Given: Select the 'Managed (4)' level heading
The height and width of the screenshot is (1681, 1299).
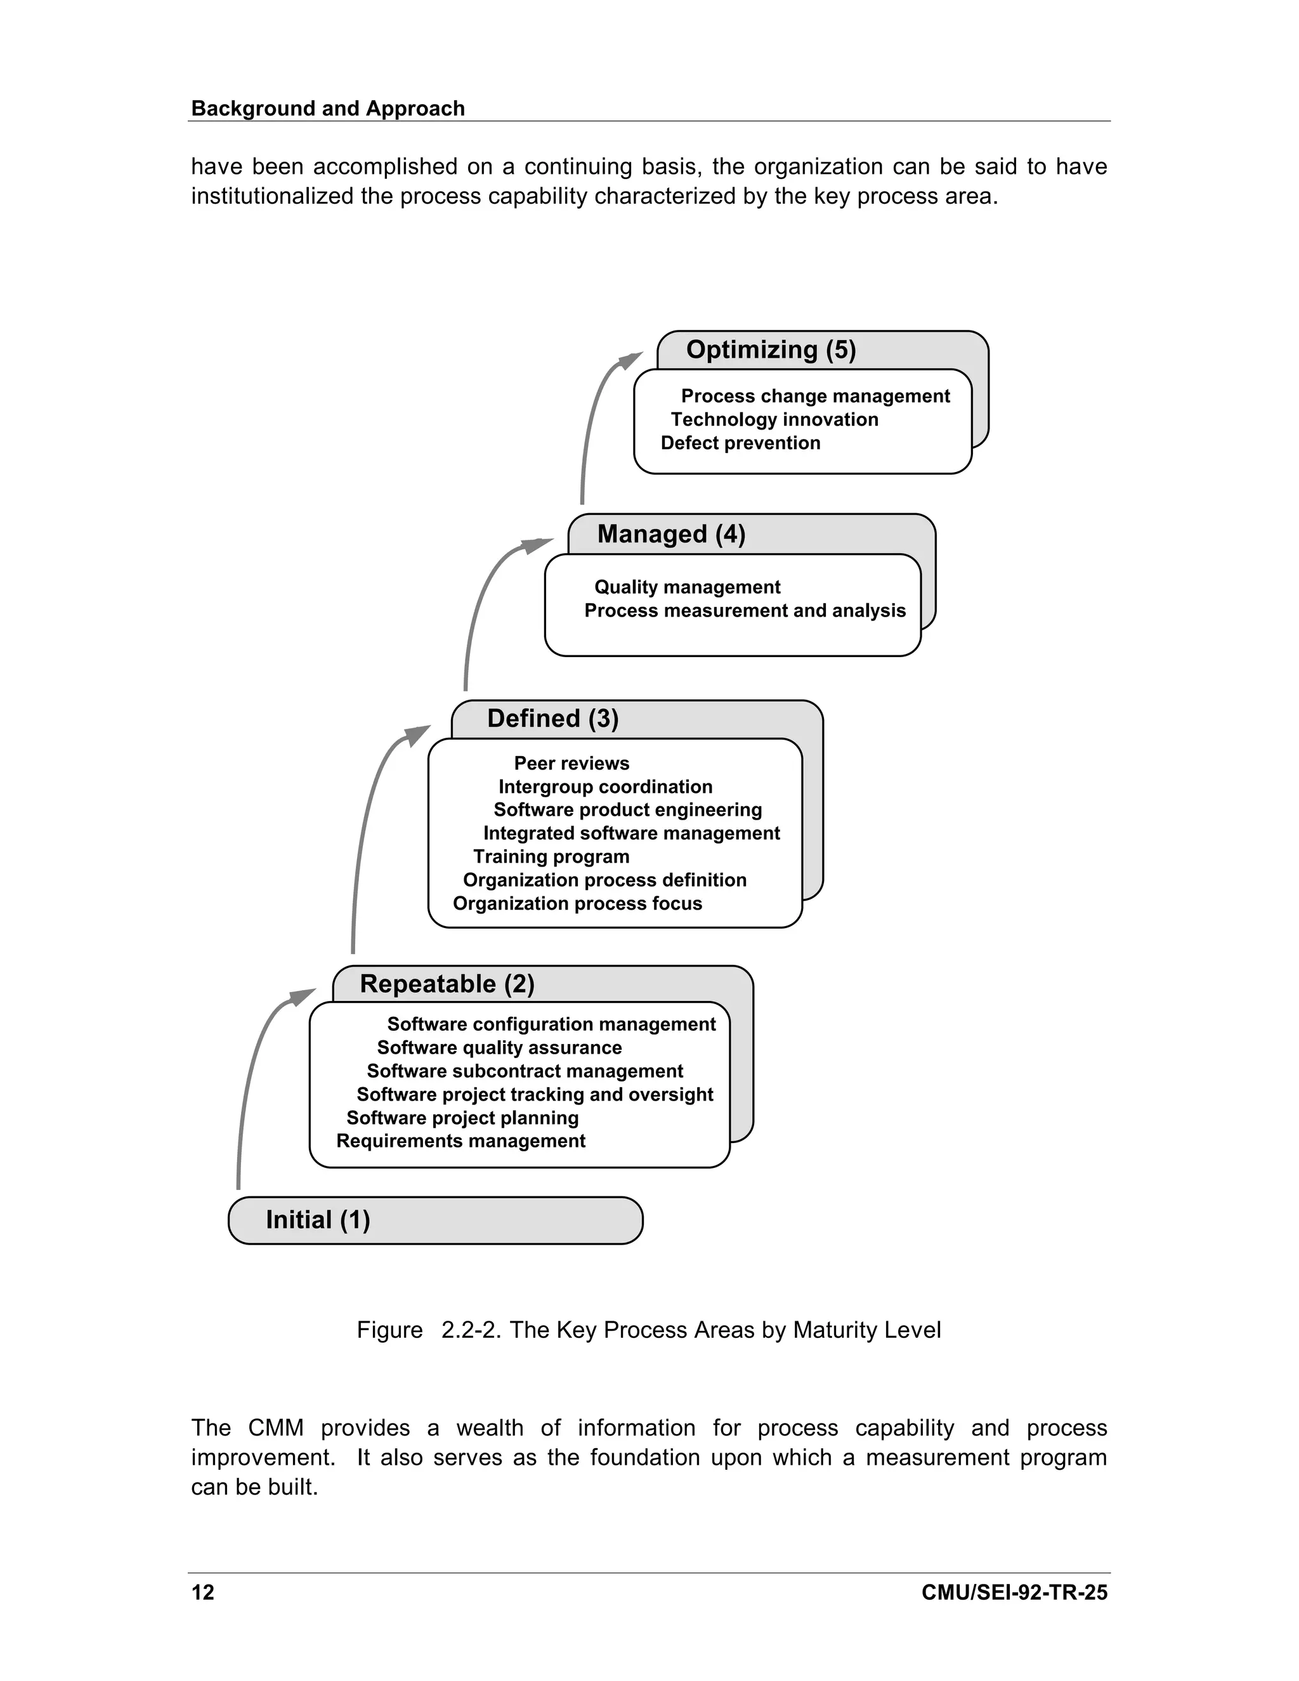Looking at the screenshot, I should [671, 534].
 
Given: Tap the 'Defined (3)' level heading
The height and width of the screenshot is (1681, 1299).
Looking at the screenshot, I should [552, 718].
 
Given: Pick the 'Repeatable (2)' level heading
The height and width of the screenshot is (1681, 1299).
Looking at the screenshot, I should [447, 984].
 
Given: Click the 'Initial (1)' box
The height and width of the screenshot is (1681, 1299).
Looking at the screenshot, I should [434, 1220].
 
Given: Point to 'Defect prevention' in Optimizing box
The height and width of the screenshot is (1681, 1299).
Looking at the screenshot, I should [740, 443].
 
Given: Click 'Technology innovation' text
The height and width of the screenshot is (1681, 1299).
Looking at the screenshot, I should [774, 419].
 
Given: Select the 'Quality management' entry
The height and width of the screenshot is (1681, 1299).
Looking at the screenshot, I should [687, 587].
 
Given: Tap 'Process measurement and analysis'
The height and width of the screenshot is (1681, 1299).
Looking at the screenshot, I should [745, 610].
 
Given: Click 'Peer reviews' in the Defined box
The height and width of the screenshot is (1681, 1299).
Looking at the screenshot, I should [571, 764].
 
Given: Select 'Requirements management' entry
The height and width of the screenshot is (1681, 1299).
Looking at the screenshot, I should [460, 1141].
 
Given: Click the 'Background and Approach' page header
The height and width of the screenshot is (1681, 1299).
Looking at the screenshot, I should [328, 108].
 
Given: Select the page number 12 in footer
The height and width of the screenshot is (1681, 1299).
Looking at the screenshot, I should [203, 1592].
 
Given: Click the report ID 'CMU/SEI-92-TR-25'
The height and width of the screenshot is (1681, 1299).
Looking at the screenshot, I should [1014, 1592].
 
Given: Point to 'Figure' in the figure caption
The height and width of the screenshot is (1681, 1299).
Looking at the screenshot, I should [389, 1330].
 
